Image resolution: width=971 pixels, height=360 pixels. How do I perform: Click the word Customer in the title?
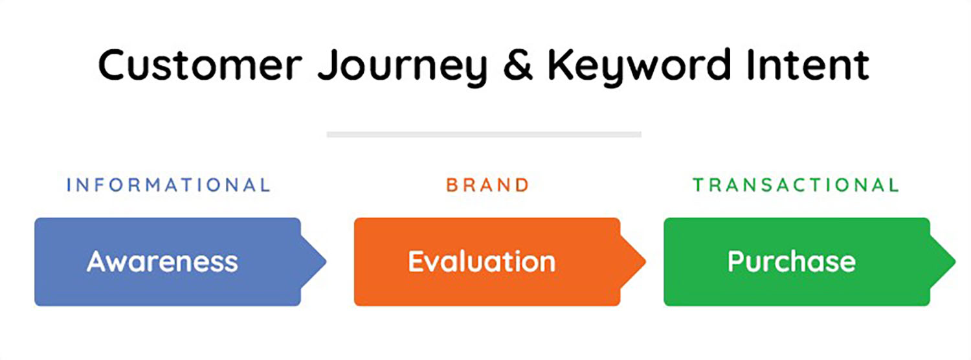(x=200, y=65)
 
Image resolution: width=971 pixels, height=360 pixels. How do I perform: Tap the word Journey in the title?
(x=402, y=66)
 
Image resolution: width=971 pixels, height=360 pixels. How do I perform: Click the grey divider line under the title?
(x=484, y=135)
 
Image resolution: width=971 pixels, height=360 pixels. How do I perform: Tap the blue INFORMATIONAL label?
(x=168, y=185)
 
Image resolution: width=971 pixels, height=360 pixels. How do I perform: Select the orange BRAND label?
(x=487, y=185)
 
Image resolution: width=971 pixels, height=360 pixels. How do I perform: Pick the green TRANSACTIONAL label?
(x=796, y=185)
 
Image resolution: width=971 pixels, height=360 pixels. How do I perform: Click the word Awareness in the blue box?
(x=162, y=262)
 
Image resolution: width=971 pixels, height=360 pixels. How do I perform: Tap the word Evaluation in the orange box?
(x=482, y=262)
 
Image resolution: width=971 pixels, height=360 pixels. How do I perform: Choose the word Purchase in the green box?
(x=791, y=262)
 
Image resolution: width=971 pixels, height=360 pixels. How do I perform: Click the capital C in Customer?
(x=115, y=65)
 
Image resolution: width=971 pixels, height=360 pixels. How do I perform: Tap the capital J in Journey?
(x=326, y=65)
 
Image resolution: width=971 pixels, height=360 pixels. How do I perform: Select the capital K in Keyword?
(x=561, y=65)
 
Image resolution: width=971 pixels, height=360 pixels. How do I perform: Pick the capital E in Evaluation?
(x=416, y=262)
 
